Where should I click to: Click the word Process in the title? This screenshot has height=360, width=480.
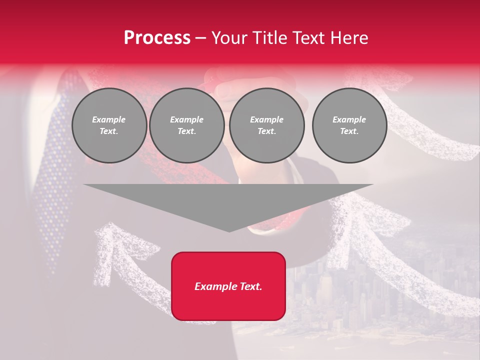click(157, 38)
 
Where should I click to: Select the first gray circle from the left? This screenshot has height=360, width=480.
click(109, 125)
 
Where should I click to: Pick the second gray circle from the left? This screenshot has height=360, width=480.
click(186, 125)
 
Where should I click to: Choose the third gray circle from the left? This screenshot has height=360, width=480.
click(266, 125)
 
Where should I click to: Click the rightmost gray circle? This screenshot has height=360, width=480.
click(349, 125)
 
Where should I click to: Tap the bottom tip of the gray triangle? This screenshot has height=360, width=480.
click(228, 231)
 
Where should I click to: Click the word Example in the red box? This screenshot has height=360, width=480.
click(216, 286)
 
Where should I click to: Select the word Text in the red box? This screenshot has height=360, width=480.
click(251, 286)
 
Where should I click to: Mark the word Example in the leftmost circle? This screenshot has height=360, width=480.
click(109, 119)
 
